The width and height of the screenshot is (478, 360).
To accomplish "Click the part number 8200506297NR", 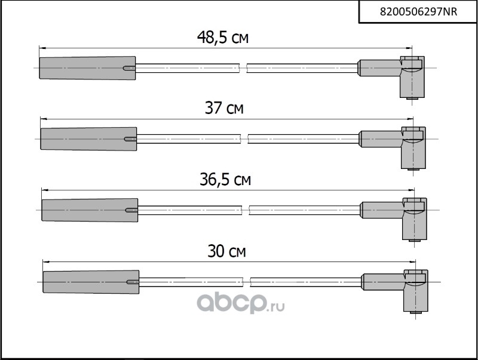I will pos(418,11).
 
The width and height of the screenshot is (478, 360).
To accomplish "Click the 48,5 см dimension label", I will pos(223,38).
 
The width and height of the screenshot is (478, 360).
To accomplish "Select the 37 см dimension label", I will pos(224,109).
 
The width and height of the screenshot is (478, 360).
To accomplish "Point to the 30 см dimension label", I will pos(226,252).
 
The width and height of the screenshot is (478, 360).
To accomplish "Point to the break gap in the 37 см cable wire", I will pos(245,139).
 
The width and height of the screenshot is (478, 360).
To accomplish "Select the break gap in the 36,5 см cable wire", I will pos(247,209).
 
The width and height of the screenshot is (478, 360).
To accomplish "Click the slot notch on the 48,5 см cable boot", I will pos(128,68).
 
